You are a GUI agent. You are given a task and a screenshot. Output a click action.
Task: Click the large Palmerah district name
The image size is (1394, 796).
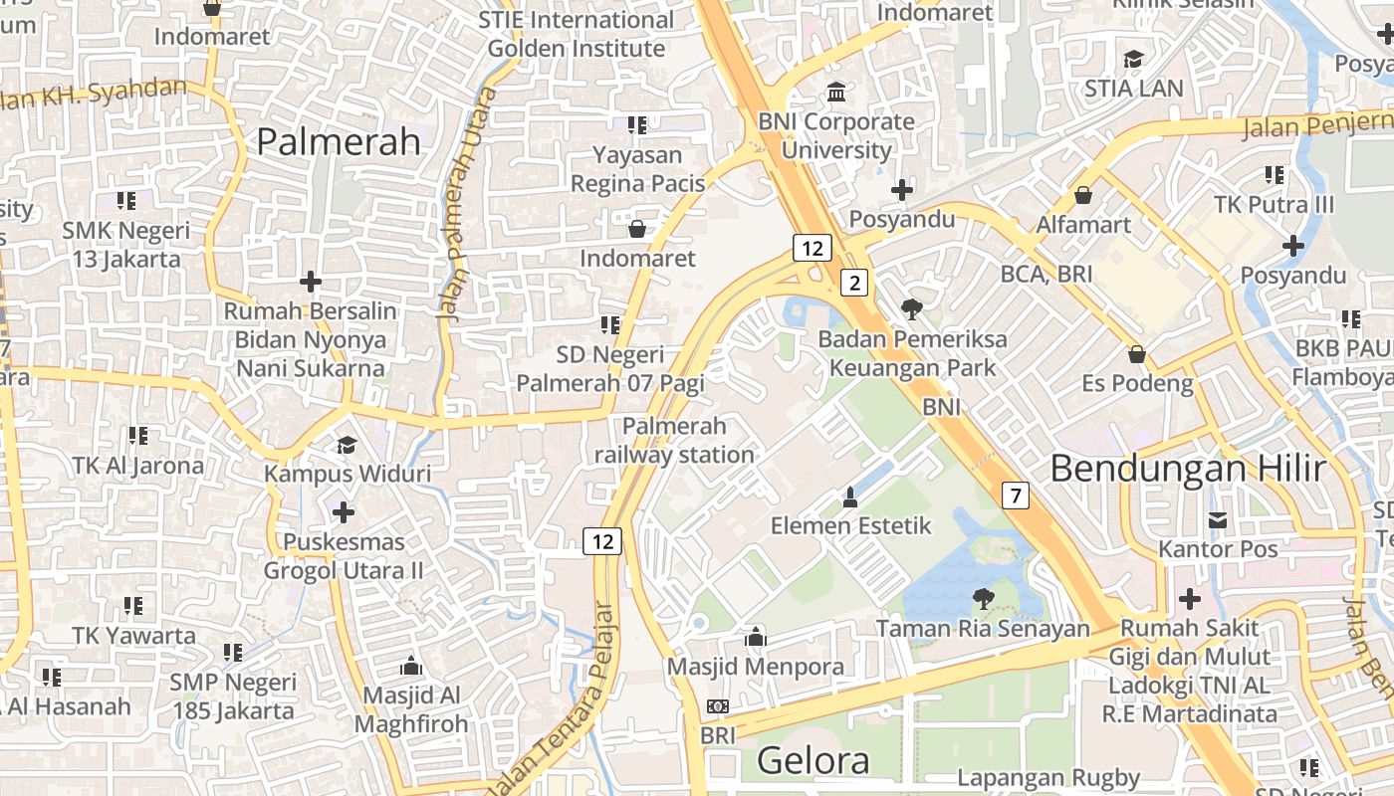[x=339, y=141]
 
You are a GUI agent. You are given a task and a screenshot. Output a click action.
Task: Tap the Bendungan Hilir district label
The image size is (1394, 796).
[x=1188, y=468]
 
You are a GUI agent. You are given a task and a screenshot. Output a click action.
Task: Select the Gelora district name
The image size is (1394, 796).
[x=813, y=761]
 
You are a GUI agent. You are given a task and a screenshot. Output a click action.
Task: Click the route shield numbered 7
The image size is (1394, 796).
[x=1015, y=495]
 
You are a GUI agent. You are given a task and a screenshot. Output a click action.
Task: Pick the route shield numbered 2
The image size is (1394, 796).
[x=853, y=283]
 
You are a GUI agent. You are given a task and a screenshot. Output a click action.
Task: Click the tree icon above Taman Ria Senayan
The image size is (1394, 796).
[x=983, y=598]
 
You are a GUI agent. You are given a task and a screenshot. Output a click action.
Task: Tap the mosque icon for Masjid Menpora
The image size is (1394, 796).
[x=756, y=637]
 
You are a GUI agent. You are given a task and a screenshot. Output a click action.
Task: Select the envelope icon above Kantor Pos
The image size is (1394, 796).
[x=1218, y=519]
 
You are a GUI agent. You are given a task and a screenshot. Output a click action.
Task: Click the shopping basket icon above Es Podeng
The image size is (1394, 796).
[x=1137, y=354]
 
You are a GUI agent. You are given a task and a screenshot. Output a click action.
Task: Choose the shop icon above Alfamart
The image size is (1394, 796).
[x=1083, y=195]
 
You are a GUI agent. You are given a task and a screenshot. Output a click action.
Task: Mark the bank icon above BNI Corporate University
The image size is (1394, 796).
[x=836, y=93]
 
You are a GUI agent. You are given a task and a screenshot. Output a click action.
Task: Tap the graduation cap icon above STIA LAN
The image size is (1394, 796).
[x=1133, y=59]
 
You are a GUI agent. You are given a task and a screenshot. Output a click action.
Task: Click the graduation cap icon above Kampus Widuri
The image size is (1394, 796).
[x=347, y=445]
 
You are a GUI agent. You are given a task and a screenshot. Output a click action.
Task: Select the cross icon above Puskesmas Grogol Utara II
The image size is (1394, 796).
[x=344, y=512]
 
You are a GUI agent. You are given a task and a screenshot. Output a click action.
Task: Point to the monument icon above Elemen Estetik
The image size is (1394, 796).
[x=850, y=496]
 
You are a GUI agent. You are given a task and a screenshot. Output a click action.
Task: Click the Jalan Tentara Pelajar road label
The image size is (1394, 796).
[x=568, y=696]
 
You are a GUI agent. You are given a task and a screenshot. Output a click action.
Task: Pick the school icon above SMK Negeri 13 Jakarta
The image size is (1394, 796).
[x=126, y=201]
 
